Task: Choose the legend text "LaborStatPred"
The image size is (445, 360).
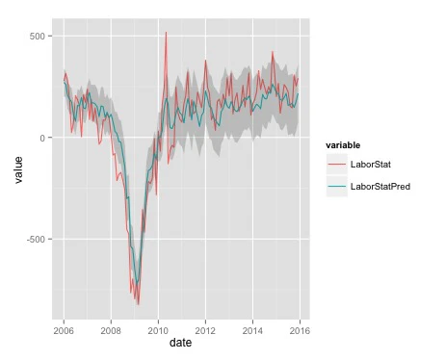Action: (383, 186)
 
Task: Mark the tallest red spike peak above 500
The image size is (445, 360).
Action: (166, 33)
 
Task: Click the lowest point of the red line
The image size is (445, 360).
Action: (138, 304)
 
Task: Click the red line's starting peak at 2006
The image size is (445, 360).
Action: (65, 71)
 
